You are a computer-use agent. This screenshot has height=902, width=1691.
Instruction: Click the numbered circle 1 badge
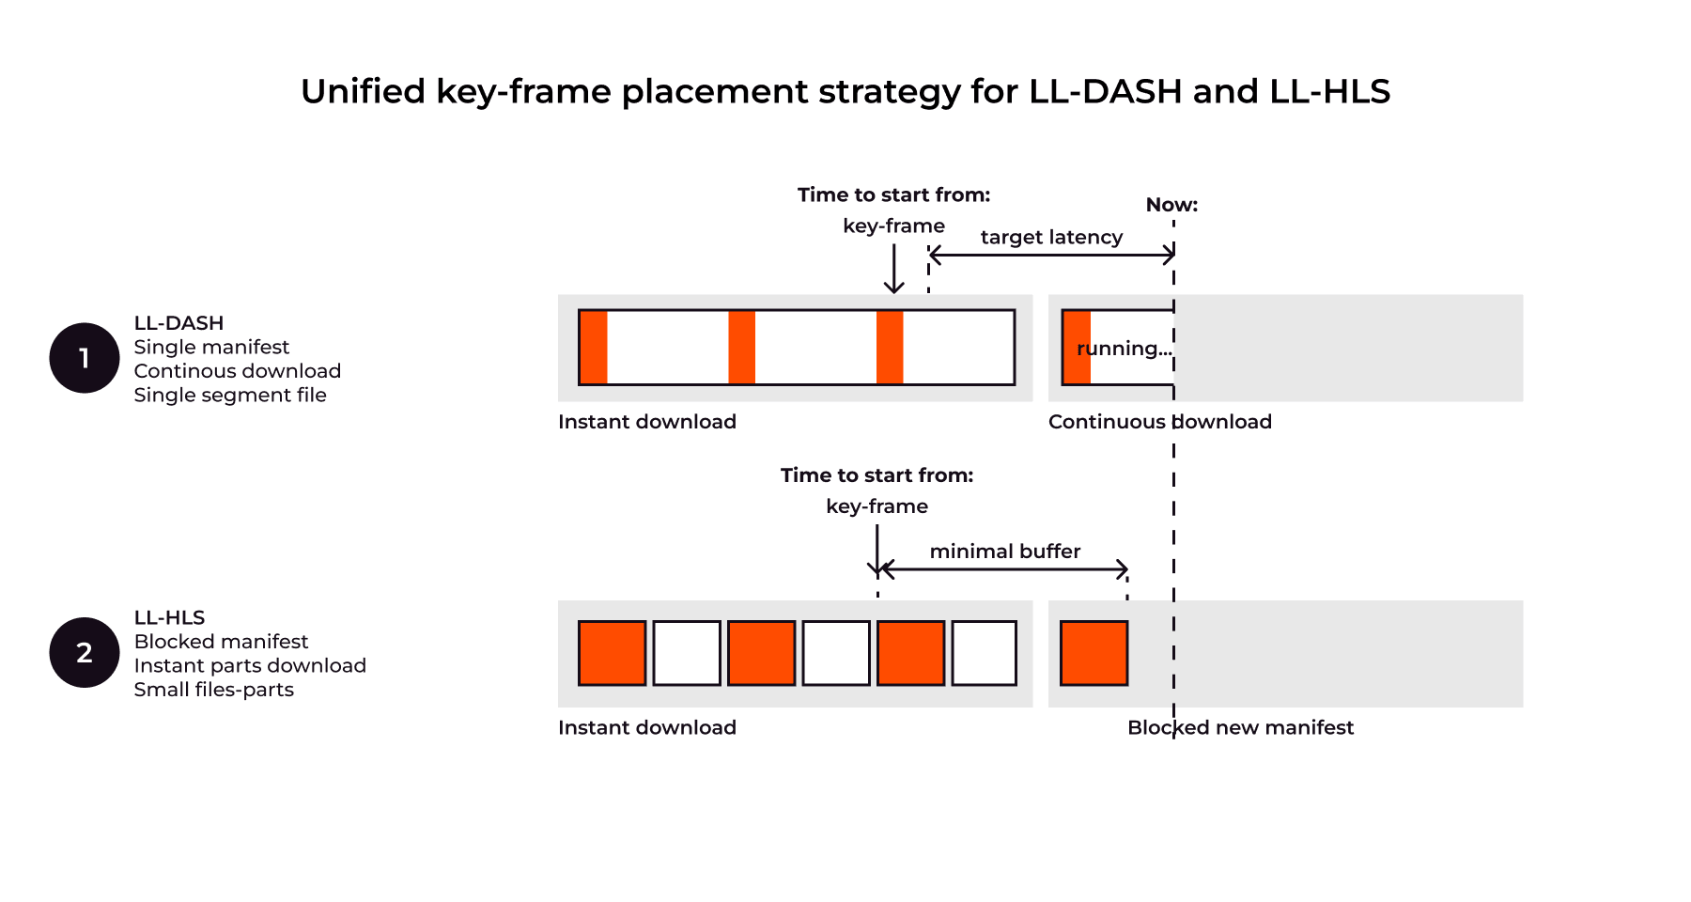(x=85, y=358)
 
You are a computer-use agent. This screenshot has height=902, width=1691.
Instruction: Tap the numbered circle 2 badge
(x=85, y=652)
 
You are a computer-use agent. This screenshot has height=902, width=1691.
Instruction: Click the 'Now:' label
(x=1171, y=205)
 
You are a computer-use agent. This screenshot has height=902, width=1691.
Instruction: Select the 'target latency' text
(x=1051, y=237)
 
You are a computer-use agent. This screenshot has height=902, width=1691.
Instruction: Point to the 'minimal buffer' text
(x=1004, y=551)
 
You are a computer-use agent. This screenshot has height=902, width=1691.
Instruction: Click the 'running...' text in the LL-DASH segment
(x=1125, y=349)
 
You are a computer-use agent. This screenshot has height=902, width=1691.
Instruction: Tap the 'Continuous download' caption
(x=1159, y=422)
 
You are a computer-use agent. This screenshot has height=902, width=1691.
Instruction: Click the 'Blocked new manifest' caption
(x=1240, y=727)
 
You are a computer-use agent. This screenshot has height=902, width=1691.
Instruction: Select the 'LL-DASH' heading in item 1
(x=178, y=323)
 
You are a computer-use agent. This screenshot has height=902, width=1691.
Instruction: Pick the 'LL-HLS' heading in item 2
(x=169, y=617)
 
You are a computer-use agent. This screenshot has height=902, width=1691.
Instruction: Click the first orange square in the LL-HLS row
(x=612, y=653)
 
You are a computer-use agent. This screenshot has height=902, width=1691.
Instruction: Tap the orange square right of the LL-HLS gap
(x=1094, y=653)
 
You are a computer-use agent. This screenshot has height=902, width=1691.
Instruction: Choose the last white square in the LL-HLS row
(x=984, y=653)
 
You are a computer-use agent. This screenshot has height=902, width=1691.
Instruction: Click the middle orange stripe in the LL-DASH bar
(x=741, y=348)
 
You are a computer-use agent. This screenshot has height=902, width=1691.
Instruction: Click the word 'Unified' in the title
(x=363, y=92)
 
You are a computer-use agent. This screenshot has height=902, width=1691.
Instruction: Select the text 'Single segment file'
(x=230, y=395)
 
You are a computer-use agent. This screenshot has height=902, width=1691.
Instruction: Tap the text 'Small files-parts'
(x=213, y=690)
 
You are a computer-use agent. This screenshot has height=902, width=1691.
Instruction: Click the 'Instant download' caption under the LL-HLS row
(x=646, y=727)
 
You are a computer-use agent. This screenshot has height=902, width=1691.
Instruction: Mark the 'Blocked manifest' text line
(x=221, y=642)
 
